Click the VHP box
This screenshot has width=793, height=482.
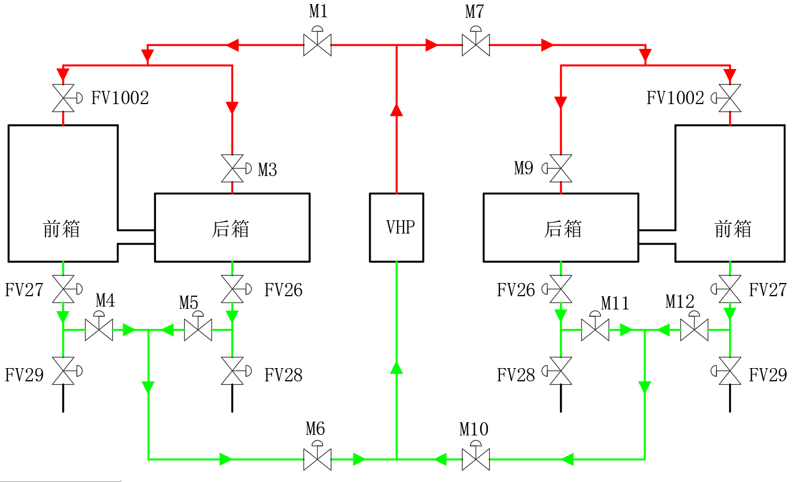point(396,227)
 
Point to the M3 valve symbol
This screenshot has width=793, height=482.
point(232,169)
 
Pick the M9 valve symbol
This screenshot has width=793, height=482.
point(561,169)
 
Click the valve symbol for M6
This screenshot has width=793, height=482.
point(317,459)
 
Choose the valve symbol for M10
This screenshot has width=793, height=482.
point(475,459)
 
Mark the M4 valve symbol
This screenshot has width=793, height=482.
point(99,330)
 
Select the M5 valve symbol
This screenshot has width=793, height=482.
point(198,330)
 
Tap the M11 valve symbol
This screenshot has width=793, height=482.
point(595,330)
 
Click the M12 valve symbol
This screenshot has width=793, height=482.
point(694,330)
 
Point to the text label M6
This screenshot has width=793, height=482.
point(315,429)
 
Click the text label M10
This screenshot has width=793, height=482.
point(474,429)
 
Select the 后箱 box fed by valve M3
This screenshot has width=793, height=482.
point(232,227)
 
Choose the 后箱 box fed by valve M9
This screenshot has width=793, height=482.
point(561,227)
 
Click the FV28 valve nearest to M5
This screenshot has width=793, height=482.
point(232,371)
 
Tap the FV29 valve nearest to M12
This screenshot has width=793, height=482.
point(730,371)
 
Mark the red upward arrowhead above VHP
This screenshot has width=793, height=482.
point(396,110)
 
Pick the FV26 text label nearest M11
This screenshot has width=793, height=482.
point(516,290)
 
